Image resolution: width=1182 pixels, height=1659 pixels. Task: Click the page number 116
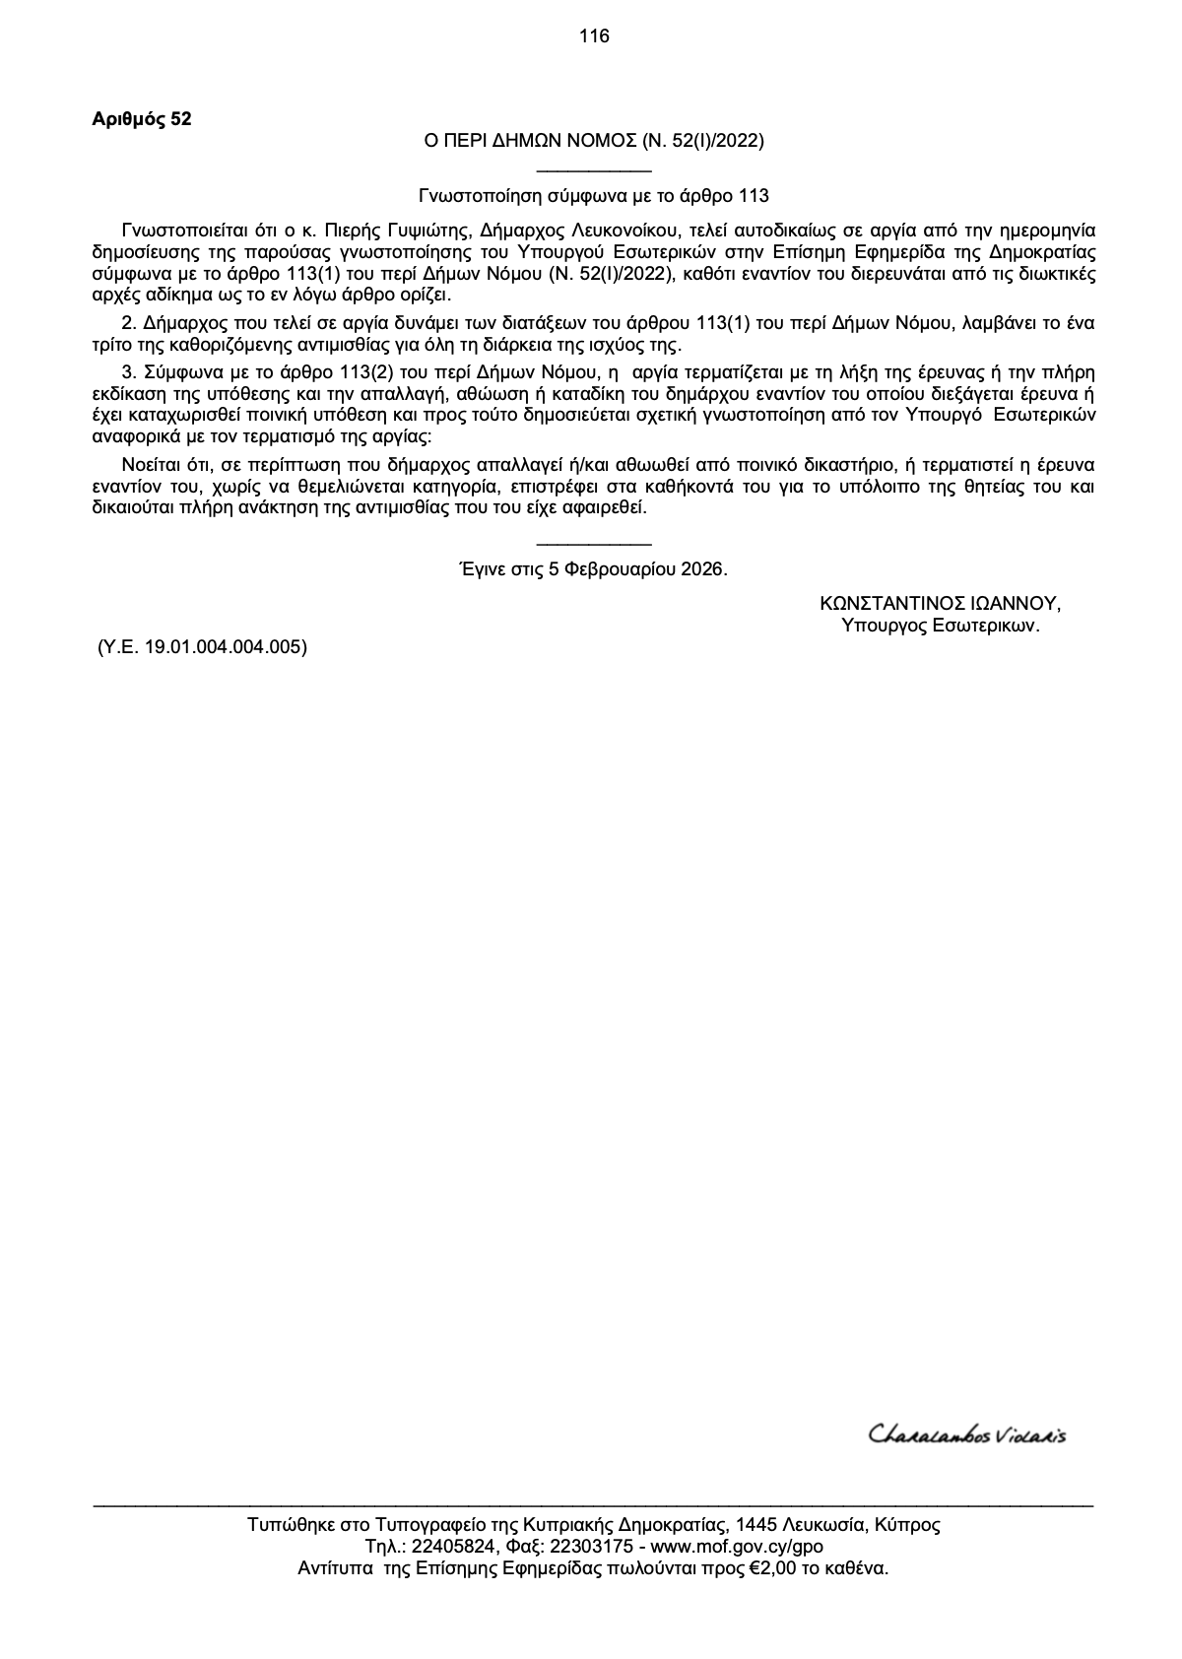(594, 37)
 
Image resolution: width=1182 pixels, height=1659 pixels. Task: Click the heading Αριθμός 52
(142, 120)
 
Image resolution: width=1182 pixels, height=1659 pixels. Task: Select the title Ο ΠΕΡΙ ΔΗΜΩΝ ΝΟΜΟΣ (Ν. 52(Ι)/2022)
(594, 141)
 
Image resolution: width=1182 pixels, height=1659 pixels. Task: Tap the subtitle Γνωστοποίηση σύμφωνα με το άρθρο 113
(594, 195)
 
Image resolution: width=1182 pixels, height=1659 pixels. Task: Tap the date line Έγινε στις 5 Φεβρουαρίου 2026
(594, 569)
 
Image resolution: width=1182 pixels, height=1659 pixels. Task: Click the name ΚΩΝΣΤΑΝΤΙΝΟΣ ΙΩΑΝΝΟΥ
(941, 604)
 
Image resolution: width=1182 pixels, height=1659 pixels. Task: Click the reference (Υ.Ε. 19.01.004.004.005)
(202, 647)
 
